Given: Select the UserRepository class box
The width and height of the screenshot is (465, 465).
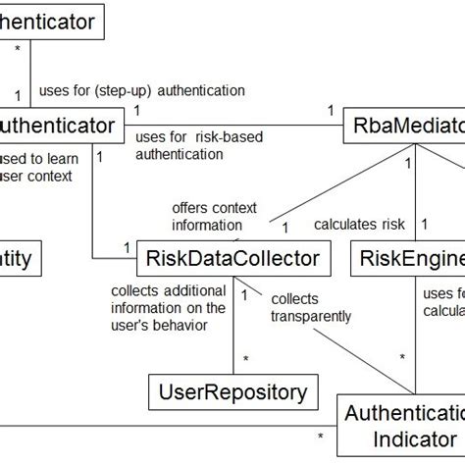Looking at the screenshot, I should click(x=232, y=392).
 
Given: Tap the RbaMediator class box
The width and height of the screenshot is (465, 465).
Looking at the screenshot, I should click(x=403, y=127).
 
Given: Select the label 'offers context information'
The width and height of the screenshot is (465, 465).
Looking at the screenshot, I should click(x=213, y=216).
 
